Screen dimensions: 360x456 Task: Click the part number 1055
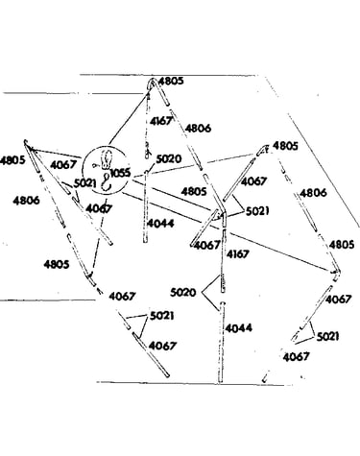[120, 173]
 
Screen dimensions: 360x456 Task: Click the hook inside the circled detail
[106, 182]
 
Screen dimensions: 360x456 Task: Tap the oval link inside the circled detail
[106, 159]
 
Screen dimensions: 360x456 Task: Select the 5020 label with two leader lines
[182, 293]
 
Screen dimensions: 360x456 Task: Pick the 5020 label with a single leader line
[169, 158]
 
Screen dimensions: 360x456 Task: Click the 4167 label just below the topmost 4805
[160, 121]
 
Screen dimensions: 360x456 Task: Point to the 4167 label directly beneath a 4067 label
[237, 254]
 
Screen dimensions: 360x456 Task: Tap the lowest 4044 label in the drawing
[238, 328]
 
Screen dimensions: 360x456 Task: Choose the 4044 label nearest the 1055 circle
[160, 224]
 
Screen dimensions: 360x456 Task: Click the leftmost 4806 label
[26, 201]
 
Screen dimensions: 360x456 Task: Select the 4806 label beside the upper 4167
[199, 129]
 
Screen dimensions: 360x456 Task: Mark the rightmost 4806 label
[314, 193]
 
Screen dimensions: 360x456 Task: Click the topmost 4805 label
[171, 81]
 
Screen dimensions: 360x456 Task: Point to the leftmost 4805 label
[12, 160]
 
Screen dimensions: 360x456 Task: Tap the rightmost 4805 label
[342, 245]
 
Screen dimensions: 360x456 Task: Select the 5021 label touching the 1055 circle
[85, 183]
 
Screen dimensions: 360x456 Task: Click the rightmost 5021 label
[327, 337]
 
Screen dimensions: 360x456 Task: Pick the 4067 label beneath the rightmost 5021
[297, 357]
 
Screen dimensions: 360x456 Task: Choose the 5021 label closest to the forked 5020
[162, 316]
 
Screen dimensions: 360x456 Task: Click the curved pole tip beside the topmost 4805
[150, 84]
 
